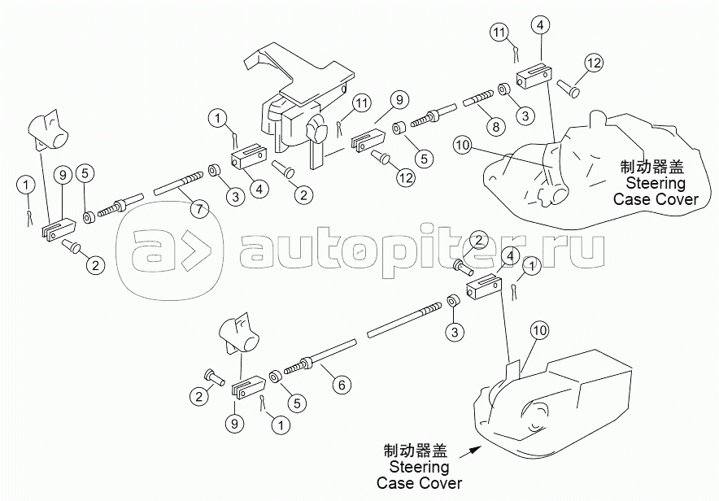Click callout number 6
click(x=342, y=384)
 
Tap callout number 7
click(x=199, y=209)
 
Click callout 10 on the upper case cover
click(x=462, y=146)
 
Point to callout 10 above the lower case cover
click(x=540, y=330)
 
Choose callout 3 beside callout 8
click(x=525, y=115)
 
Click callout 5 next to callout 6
click(x=297, y=403)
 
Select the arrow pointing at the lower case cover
click(x=470, y=451)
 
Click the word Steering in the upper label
click(x=656, y=183)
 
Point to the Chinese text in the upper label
click(x=652, y=167)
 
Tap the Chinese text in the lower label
click(x=416, y=451)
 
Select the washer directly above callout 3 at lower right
click(x=452, y=302)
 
